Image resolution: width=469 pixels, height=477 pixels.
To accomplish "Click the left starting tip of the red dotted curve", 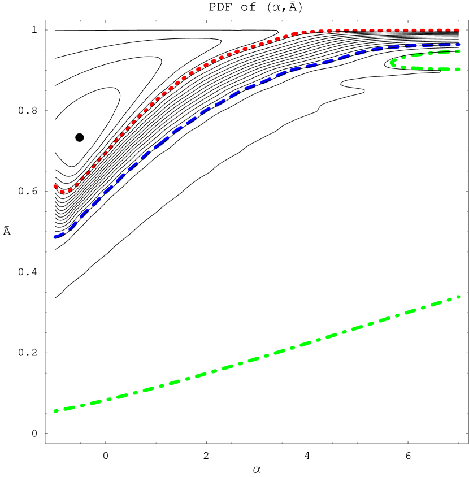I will tap(55, 185).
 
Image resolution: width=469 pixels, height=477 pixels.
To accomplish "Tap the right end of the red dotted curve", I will tap(458, 29).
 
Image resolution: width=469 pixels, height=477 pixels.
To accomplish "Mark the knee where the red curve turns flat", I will tap(298, 33).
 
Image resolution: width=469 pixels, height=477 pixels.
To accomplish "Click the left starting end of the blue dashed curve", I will tap(55, 237).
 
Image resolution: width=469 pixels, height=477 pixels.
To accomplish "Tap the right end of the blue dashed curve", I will tap(458, 44).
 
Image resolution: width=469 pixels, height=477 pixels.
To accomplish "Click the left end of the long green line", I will tap(55, 411).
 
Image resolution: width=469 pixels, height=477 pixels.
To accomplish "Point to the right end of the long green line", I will tap(458, 297).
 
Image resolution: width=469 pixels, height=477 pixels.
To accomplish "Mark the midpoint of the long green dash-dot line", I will tap(257, 358).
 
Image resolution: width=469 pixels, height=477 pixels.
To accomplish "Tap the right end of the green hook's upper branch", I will tap(458, 51).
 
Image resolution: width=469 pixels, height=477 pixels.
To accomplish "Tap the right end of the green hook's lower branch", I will tap(458, 70).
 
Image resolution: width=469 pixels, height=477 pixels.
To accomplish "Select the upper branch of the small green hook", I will tap(429, 54).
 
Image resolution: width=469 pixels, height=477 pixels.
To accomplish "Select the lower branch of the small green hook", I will tap(429, 68).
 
